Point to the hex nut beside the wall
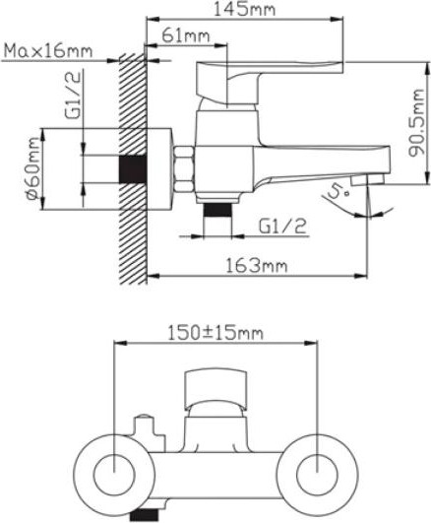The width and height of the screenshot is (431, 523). pos(184,168)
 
